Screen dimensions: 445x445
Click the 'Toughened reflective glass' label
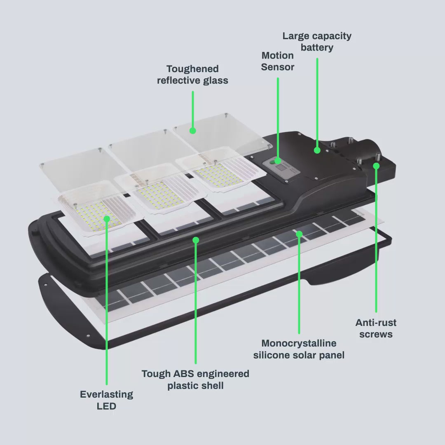click(x=192, y=75)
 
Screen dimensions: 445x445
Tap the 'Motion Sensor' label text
click(x=278, y=61)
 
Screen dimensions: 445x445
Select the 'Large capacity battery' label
click(x=317, y=42)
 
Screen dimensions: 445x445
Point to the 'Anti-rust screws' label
click(x=376, y=328)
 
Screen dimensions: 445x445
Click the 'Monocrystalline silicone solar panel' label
click(x=299, y=349)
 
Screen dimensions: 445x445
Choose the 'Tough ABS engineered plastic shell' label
click(x=195, y=379)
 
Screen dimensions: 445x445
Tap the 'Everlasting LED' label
click(x=106, y=400)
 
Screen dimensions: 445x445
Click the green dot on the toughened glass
click(x=193, y=131)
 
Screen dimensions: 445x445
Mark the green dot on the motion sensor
click(x=278, y=161)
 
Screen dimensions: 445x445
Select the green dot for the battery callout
click(x=317, y=150)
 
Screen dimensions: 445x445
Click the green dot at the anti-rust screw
click(x=376, y=166)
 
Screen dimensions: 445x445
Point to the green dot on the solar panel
click(x=299, y=234)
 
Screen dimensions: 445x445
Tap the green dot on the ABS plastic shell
click(x=196, y=240)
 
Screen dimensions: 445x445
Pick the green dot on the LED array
click(x=107, y=219)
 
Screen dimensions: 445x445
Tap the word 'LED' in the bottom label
click(x=106, y=406)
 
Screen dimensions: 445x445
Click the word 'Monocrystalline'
click(x=299, y=343)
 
